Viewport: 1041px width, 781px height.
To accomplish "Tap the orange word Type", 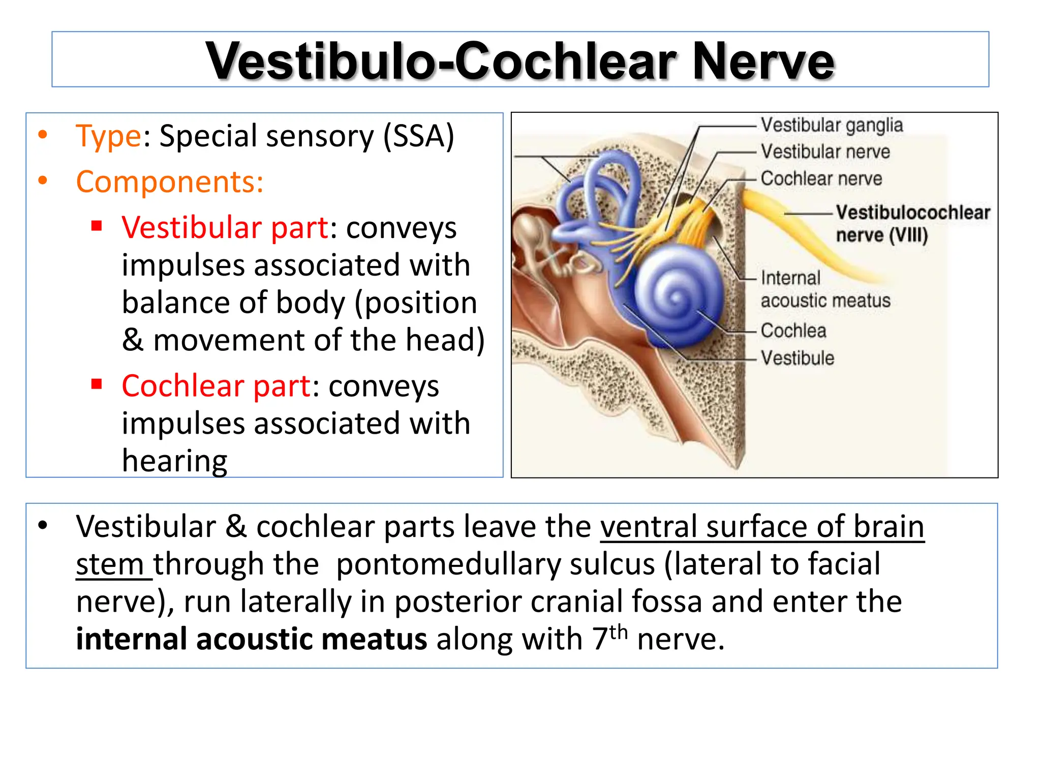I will point(108,136).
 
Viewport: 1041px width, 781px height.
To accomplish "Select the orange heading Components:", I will point(169,182).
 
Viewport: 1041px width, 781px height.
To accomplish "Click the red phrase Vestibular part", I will point(225,227).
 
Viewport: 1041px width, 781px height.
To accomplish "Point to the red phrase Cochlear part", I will point(216,386).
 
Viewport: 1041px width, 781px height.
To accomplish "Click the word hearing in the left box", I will point(174,461).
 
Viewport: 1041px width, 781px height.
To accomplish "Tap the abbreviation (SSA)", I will point(418,136).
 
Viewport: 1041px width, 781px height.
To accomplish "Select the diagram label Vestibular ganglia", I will point(832,125).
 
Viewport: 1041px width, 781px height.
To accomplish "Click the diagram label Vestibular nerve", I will point(825,152).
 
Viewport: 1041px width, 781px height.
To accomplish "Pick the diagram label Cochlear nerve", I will point(821,178).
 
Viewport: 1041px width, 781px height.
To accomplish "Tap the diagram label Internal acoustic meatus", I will point(824,289).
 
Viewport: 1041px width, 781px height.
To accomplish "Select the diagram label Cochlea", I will point(793,331).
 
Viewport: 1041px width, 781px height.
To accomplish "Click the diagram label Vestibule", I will point(797,358).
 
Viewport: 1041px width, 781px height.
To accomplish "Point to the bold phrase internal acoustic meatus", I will point(251,639).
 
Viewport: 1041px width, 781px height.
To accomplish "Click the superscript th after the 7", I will point(618,632).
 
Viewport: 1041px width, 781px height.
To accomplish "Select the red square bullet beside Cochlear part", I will point(97,384).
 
